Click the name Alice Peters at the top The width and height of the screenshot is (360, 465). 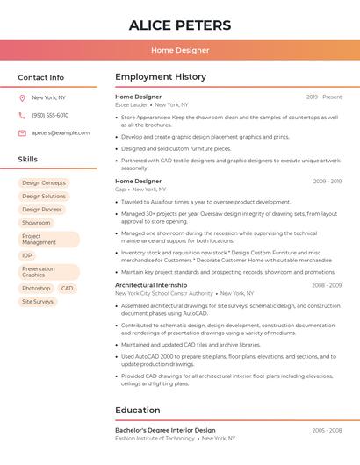coord(180,25)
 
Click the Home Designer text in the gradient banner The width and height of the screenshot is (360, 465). coord(180,51)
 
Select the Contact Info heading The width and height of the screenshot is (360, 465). coord(41,77)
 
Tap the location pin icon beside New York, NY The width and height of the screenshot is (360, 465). coord(22,98)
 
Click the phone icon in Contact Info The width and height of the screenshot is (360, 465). coord(22,116)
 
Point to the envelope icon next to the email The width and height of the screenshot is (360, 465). coord(22,133)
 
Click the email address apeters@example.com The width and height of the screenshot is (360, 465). coord(61,133)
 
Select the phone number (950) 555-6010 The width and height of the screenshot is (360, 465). coord(50,116)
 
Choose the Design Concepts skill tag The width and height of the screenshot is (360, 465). coord(44,183)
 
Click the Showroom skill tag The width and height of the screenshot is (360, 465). coord(36,223)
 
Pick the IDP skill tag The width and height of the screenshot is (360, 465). coord(27,256)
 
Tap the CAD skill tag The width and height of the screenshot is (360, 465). coord(67,289)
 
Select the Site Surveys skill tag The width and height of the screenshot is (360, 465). coord(38,302)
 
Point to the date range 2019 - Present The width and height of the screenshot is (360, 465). coord(324,97)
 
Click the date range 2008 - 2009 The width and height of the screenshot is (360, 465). coord(327,285)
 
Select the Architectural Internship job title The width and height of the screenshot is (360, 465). coord(151,285)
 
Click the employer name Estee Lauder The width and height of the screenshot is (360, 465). coord(132,105)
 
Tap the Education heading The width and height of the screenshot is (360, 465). coord(138,410)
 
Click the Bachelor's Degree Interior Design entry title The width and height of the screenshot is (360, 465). coord(165,431)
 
